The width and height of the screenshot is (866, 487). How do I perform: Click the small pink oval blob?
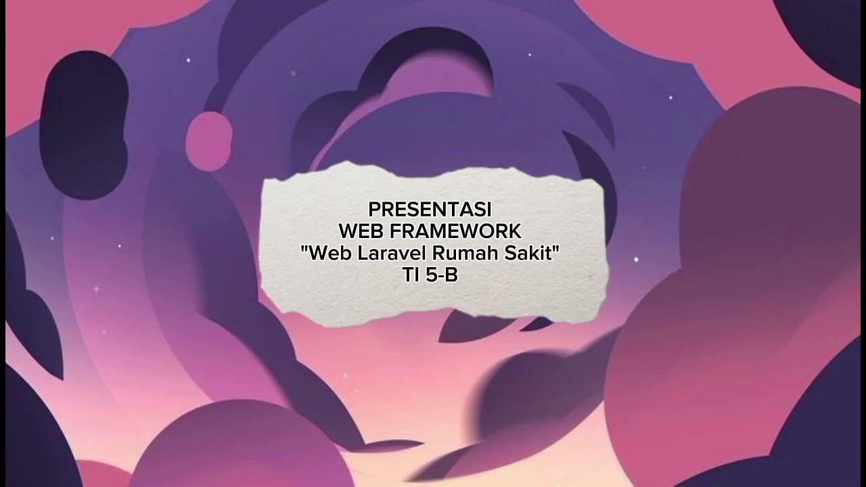point(209,141)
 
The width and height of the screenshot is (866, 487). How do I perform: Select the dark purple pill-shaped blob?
point(85,125)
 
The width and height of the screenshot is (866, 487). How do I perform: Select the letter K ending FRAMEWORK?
point(514,231)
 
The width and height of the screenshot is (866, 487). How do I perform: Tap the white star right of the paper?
point(635,260)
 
